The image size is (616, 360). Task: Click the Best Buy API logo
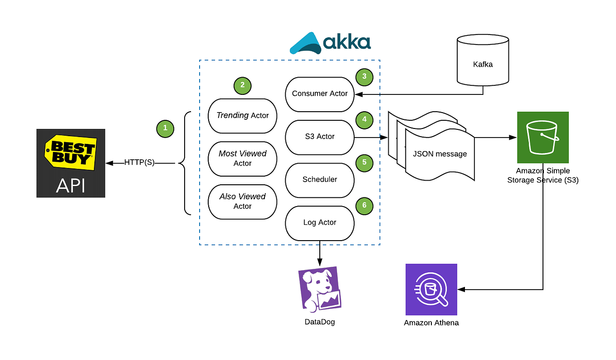(x=71, y=163)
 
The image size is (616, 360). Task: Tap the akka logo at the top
(x=330, y=44)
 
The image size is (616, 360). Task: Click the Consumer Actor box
(x=319, y=94)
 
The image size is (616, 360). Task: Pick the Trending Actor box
(x=242, y=116)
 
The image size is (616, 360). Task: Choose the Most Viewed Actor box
(x=242, y=158)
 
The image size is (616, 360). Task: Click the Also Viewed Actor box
(x=242, y=201)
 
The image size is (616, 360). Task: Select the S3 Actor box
(x=319, y=137)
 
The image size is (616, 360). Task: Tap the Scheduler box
(x=319, y=180)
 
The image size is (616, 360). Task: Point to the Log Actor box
(x=319, y=222)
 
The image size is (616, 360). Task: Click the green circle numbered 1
(x=165, y=128)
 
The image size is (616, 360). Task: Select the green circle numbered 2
(x=242, y=85)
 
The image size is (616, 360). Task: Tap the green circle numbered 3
(x=364, y=77)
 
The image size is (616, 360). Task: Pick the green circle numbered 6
(x=364, y=206)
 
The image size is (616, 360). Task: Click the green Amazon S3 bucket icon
(x=543, y=137)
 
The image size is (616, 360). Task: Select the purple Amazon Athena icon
(x=431, y=289)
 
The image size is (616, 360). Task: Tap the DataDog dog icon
(x=319, y=290)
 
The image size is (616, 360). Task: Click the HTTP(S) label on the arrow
(x=139, y=163)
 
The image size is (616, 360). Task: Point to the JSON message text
(x=440, y=154)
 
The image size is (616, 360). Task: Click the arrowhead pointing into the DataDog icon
(x=319, y=263)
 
